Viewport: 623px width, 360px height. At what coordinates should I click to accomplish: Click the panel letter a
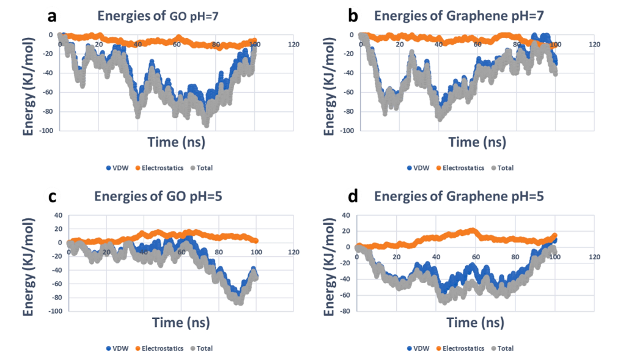(x=53, y=17)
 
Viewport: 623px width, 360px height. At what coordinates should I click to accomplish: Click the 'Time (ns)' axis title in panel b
(x=476, y=142)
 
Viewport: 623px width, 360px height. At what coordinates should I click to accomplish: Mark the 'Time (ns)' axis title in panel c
(x=176, y=323)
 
